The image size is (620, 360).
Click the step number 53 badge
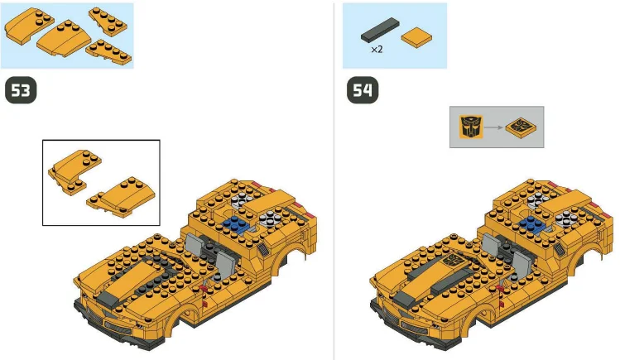coord(22,90)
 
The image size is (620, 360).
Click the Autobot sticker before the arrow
coord(470,127)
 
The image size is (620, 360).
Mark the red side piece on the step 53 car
coord(202,287)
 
